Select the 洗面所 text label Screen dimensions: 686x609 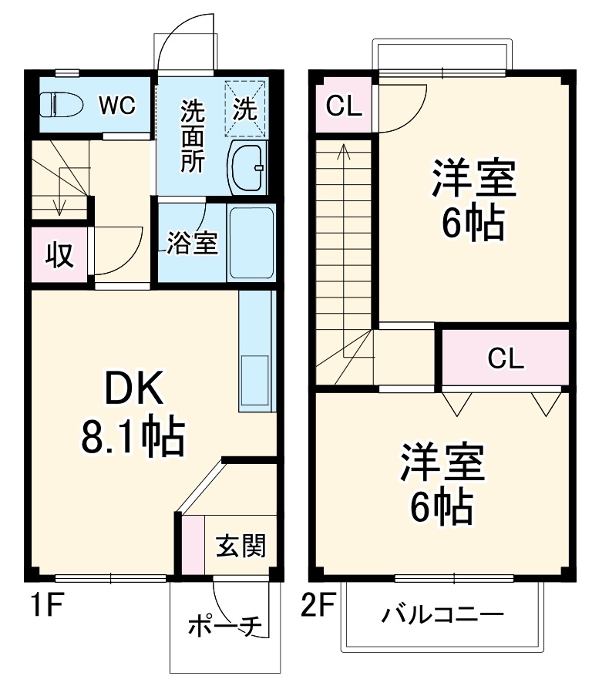pos(192,135)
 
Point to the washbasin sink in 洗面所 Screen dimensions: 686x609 pos(247,166)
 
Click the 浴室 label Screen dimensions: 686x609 pos(192,243)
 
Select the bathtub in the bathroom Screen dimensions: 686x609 pos(251,243)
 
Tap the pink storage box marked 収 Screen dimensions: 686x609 pos(59,254)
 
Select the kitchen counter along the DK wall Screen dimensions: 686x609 pos(256,351)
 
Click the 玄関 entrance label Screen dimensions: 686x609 pos(240,546)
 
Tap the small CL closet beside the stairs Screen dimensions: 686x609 pos(344,106)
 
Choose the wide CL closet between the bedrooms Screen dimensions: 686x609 pos(505,357)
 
